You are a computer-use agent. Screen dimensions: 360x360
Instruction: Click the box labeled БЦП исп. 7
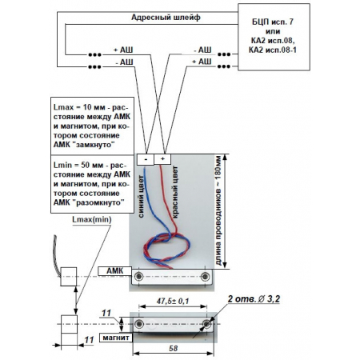click(x=274, y=37)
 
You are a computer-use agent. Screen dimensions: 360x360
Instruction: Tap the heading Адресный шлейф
click(x=166, y=18)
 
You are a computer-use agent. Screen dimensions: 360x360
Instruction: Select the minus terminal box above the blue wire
click(x=146, y=159)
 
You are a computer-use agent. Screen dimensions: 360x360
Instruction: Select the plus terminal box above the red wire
click(x=162, y=159)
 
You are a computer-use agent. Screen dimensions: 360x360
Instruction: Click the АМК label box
click(x=114, y=271)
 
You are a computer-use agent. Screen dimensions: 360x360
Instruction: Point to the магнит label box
click(x=116, y=338)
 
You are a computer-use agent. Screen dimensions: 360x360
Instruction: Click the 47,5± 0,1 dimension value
click(x=173, y=301)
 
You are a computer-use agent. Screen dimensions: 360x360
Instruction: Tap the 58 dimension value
click(x=173, y=348)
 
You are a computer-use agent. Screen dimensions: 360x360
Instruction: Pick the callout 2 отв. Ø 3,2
click(x=254, y=299)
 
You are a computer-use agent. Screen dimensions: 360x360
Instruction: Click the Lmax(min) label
click(x=92, y=219)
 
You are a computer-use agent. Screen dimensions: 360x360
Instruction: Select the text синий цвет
click(x=141, y=198)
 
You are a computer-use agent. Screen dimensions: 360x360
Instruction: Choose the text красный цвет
click(x=175, y=192)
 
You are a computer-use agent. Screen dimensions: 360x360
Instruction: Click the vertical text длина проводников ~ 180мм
click(x=218, y=212)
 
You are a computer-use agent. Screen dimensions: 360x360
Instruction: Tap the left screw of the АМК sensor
click(x=138, y=277)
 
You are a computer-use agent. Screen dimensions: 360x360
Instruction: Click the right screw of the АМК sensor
click(x=205, y=277)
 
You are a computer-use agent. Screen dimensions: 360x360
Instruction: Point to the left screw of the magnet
click(x=139, y=324)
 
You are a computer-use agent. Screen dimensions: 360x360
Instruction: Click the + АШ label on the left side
click(x=123, y=50)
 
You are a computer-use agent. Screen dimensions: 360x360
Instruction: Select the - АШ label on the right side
click(x=202, y=50)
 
